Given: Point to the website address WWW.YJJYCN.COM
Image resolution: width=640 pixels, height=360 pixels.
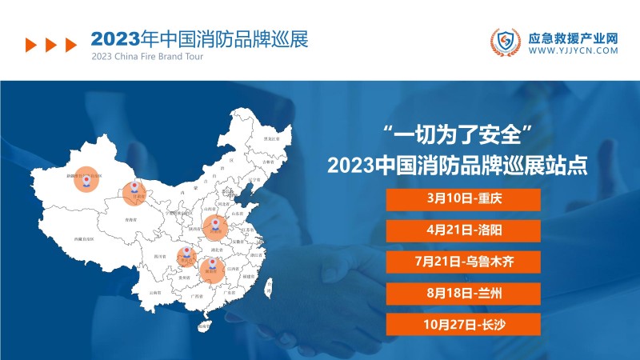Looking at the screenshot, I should click(574, 50).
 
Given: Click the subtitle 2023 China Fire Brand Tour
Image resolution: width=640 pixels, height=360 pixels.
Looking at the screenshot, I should click(148, 58).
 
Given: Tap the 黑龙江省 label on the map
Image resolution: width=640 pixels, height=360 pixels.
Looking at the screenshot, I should click(273, 138).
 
